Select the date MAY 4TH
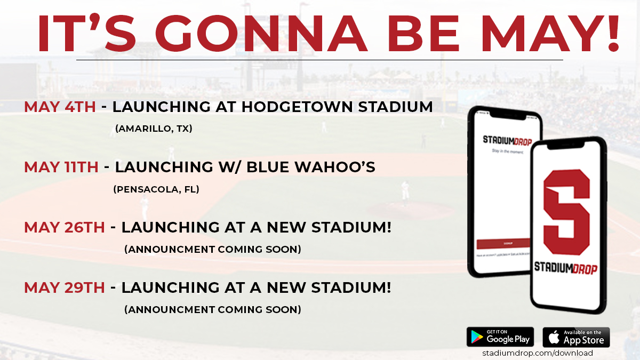pyautogui.click(x=60, y=107)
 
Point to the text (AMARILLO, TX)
pyautogui.click(x=154, y=129)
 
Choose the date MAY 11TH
pyautogui.click(x=61, y=167)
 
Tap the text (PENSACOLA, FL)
pyautogui.click(x=156, y=189)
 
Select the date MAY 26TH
pyautogui.click(x=65, y=227)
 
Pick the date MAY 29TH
pyautogui.click(x=65, y=287)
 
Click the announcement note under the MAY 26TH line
pyautogui.click(x=212, y=249)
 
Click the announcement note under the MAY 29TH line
pyautogui.click(x=212, y=309)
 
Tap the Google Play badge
pyautogui.click(x=500, y=337)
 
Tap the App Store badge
pyautogui.click(x=576, y=337)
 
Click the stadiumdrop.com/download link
pyautogui.click(x=538, y=353)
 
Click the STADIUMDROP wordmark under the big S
pyautogui.click(x=566, y=268)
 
